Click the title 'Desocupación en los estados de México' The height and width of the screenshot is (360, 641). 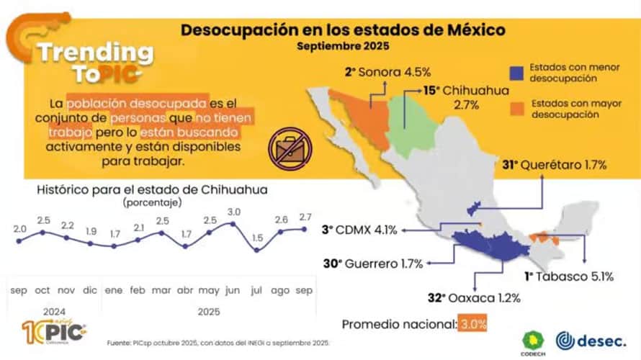[x=342, y=30]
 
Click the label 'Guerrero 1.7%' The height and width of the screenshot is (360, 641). [x=372, y=264]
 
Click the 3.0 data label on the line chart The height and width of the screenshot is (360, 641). [x=233, y=212]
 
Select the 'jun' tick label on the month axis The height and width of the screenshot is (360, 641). [x=233, y=290]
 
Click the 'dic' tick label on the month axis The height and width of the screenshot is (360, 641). [x=89, y=290]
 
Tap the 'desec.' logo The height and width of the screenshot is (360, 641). [x=591, y=339]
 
